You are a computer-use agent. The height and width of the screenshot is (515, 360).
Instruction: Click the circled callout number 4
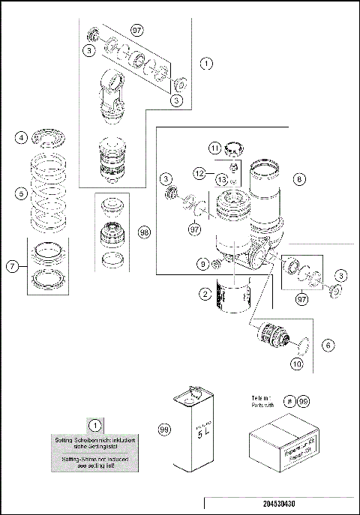coord(22,138)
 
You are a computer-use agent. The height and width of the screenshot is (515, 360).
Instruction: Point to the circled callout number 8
coord(299,179)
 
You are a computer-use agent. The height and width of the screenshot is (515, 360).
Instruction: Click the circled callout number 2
coord(204,294)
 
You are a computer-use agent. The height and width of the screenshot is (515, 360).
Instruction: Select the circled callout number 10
coord(298,364)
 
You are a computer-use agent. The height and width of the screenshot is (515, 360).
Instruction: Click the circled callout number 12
coord(199,172)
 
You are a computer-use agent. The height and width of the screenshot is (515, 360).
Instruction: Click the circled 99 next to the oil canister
coord(163,430)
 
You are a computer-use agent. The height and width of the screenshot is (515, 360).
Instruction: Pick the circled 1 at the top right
coord(205,64)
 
